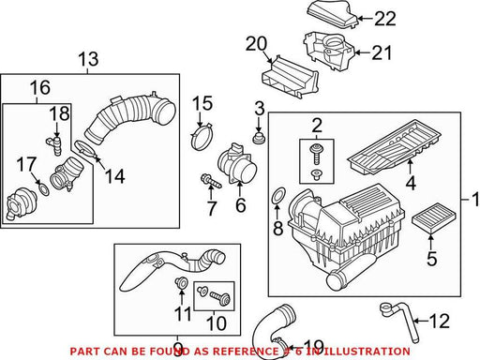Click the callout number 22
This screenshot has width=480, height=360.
coord(385,19)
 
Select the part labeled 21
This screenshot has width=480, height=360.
coord(329,50)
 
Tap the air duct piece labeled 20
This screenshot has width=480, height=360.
coord(290,77)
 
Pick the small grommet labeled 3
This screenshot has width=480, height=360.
coord(258,138)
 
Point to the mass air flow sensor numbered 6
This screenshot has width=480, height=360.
coord(237,163)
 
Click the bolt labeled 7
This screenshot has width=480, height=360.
coord(211,181)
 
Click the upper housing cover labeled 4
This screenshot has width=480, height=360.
coord(395,146)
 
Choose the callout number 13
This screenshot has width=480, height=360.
coord(88,59)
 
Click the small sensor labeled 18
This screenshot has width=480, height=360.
coord(55,144)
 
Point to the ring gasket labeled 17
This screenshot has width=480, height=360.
coord(44,189)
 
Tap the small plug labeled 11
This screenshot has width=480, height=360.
coord(181,282)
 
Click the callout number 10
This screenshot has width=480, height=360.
coord(217,323)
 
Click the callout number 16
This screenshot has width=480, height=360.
coord(40,88)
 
